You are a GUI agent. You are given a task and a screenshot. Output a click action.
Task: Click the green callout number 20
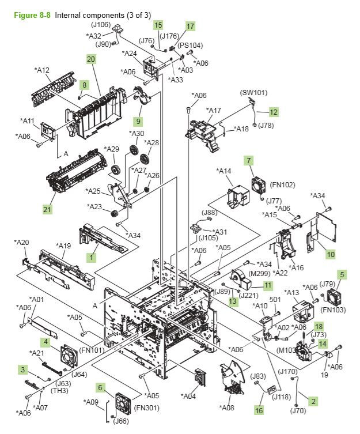(x=91, y=59)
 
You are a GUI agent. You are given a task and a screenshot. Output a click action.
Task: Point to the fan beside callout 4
(x=69, y=356)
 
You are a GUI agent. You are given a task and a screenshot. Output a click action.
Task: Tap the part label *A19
(x=63, y=246)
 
